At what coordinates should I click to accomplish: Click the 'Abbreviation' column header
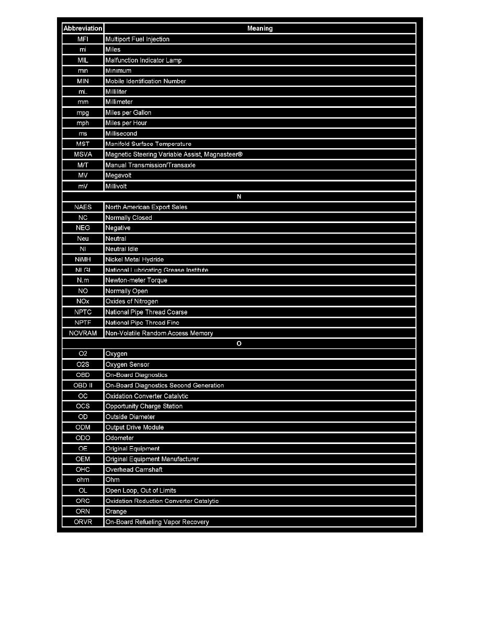pyautogui.click(x=83, y=28)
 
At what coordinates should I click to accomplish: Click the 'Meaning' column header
pyautogui.click(x=260, y=28)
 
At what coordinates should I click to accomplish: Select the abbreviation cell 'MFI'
pyautogui.click(x=83, y=39)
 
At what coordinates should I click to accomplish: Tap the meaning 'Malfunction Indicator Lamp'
pyautogui.click(x=144, y=60)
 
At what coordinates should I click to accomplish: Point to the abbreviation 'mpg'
pyautogui.click(x=83, y=113)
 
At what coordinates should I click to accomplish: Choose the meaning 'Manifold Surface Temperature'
pyautogui.click(x=148, y=144)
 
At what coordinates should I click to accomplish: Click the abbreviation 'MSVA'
pyautogui.click(x=83, y=154)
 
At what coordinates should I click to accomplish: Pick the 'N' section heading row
pyautogui.click(x=239, y=196)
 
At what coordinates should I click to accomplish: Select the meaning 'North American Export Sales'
pyautogui.click(x=146, y=207)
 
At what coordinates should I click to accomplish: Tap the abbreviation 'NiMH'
pyautogui.click(x=83, y=260)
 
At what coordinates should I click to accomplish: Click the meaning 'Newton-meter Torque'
pyautogui.click(x=136, y=281)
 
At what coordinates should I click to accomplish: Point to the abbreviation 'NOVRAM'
pyautogui.click(x=83, y=333)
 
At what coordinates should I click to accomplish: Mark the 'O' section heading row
pyautogui.click(x=239, y=343)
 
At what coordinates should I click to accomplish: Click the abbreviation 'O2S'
pyautogui.click(x=83, y=364)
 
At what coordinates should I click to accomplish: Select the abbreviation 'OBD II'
pyautogui.click(x=83, y=385)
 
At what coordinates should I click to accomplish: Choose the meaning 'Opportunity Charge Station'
pyautogui.click(x=144, y=406)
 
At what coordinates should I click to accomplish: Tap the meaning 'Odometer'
pyautogui.click(x=120, y=438)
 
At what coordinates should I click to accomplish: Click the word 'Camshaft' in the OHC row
pyautogui.click(x=148, y=470)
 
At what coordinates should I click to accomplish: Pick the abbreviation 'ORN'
pyautogui.click(x=83, y=512)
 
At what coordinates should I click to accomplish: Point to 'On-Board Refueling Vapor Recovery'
pyautogui.click(x=157, y=522)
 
